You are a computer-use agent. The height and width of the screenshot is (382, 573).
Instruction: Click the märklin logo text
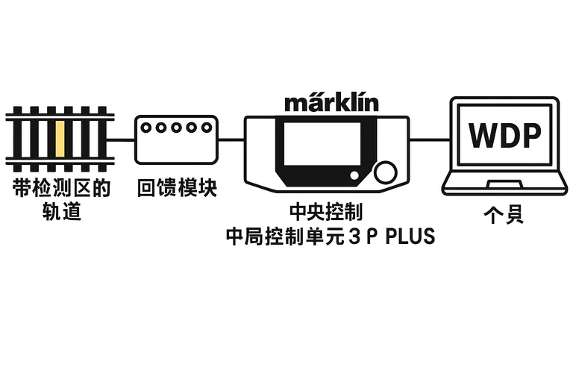click(x=331, y=101)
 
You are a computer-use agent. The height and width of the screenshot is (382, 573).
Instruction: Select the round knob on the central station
click(x=385, y=172)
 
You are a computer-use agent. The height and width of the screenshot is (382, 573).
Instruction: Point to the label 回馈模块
click(x=177, y=188)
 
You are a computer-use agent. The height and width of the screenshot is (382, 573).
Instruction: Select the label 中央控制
click(x=329, y=212)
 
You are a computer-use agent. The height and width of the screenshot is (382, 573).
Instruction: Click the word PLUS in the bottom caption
click(x=408, y=237)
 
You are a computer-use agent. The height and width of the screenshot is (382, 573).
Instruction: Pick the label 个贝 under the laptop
click(x=504, y=216)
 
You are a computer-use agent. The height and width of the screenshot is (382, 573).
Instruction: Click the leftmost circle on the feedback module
click(x=146, y=128)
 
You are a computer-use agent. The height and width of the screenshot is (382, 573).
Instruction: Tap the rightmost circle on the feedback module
click(x=206, y=128)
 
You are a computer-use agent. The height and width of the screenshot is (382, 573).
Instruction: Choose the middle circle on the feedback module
click(x=176, y=128)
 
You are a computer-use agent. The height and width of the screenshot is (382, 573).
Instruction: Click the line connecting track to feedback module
click(x=124, y=139)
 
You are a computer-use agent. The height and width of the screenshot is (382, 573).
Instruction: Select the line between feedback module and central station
click(x=232, y=139)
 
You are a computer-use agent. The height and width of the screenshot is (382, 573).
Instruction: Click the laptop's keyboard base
click(x=504, y=183)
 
